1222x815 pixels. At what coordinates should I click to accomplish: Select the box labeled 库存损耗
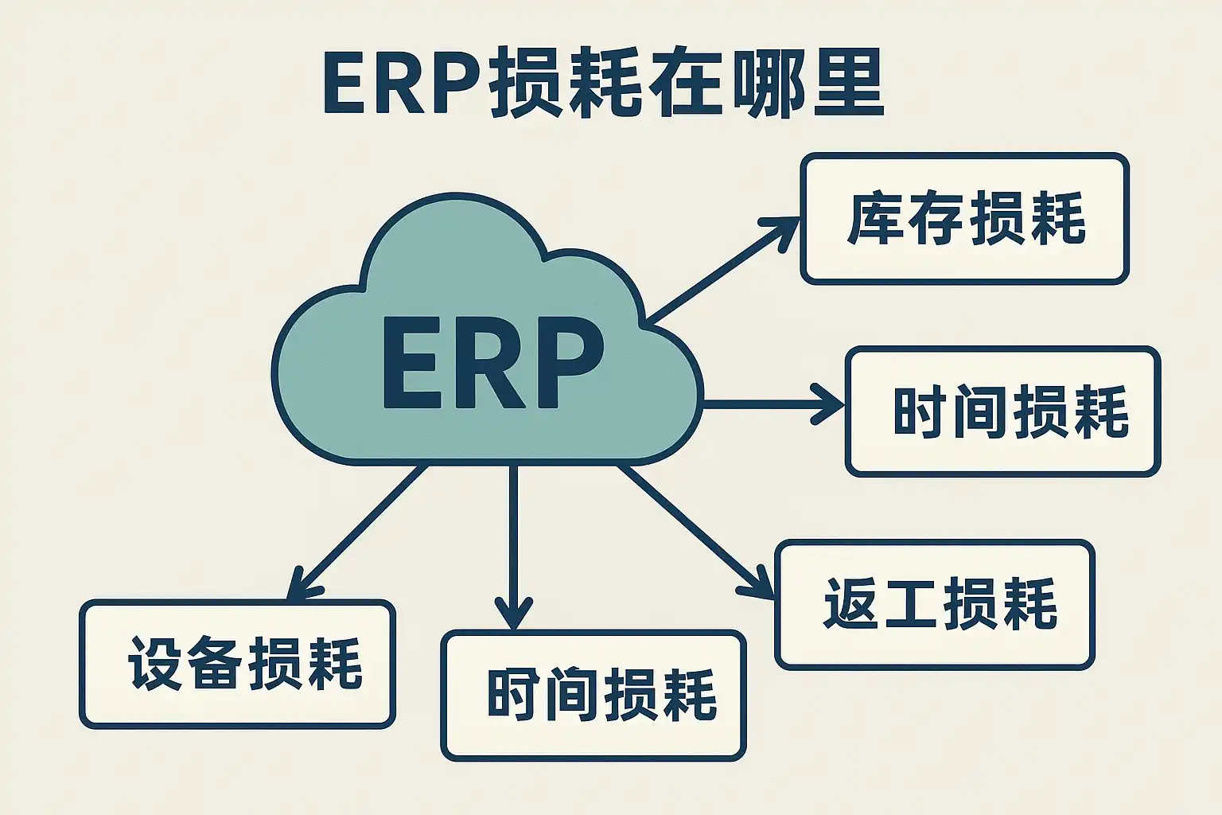[964, 219]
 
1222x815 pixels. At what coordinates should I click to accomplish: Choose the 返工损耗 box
[935, 605]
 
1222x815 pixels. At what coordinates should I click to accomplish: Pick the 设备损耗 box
[237, 664]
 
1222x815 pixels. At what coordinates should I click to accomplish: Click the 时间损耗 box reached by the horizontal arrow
[1002, 411]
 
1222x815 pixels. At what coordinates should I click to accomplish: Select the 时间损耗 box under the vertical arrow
[593, 695]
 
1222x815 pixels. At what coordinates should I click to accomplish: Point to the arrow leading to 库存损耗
[720, 271]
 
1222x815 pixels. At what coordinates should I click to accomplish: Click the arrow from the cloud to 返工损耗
[688, 530]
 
